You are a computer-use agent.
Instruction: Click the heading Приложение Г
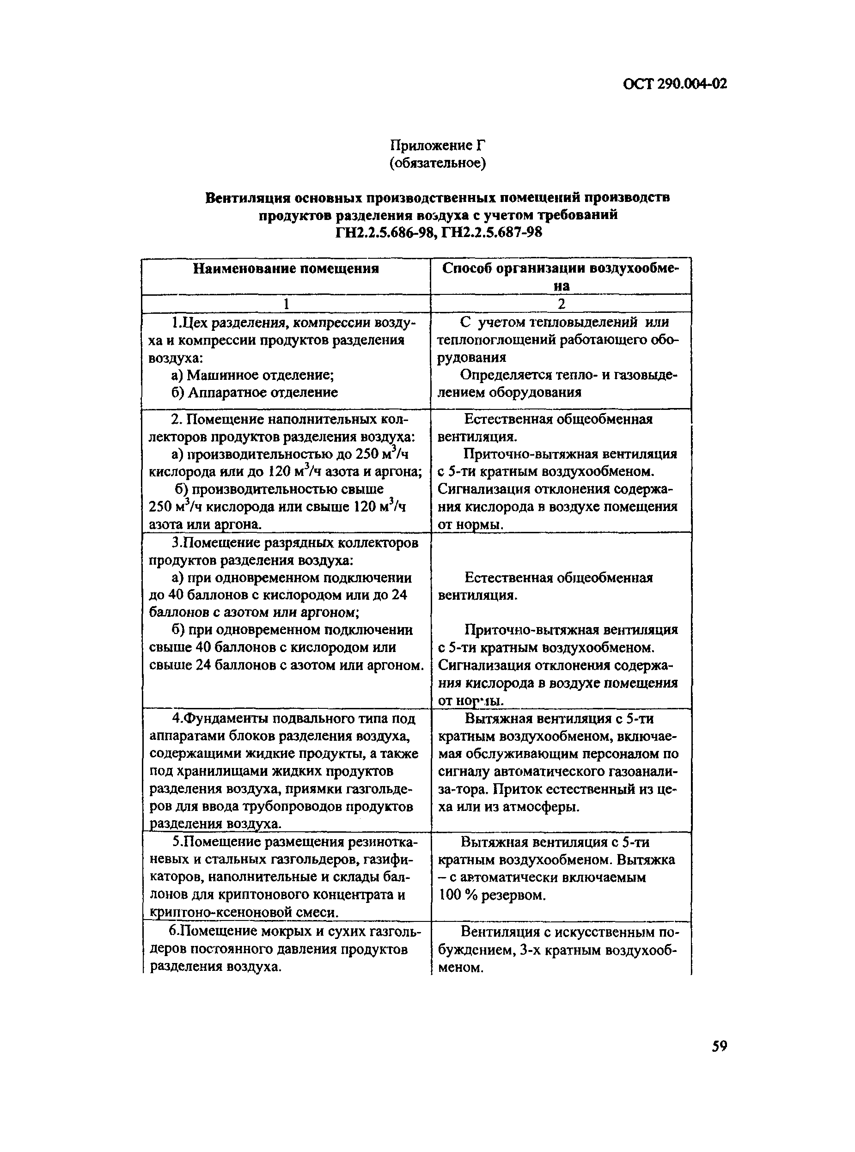pyautogui.click(x=437, y=146)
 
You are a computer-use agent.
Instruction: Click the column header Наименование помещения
pyautogui.click(x=286, y=268)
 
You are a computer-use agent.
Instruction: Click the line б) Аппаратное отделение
pyautogui.click(x=255, y=392)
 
